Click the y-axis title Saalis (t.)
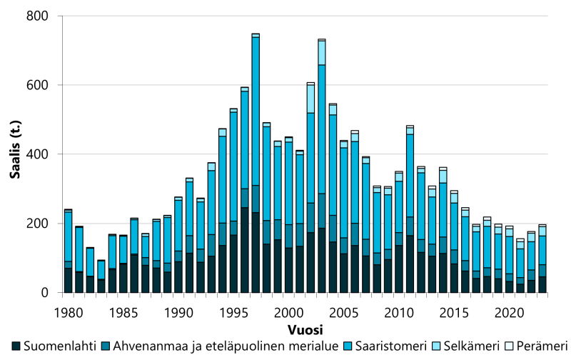coord(13,154)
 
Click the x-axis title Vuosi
coord(307,331)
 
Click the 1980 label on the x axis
coord(68,312)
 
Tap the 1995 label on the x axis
coord(233,312)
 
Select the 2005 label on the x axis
coord(343,312)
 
